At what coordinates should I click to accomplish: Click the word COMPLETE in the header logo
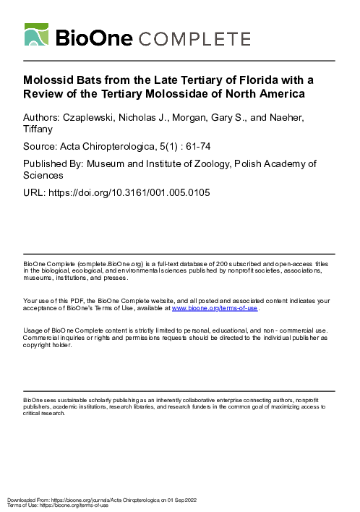click(194, 38)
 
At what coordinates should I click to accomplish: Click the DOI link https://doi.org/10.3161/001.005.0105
click(131, 195)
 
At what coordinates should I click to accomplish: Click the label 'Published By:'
click(54, 164)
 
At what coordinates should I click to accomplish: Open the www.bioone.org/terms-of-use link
click(214, 308)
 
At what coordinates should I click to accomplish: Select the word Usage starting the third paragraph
click(33, 330)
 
